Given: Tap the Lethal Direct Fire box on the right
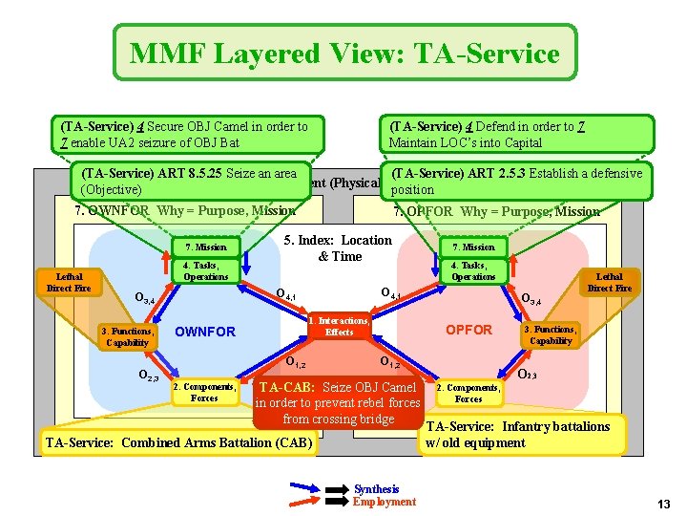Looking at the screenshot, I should tap(609, 282).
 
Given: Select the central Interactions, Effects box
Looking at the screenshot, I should tap(339, 326).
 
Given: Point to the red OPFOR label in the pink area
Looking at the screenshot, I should tap(469, 330).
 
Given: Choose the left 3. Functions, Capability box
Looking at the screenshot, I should tap(127, 336).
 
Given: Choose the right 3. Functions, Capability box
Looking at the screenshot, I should tap(551, 334).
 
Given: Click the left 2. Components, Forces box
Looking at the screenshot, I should tap(204, 392).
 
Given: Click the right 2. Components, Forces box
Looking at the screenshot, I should tap(468, 393).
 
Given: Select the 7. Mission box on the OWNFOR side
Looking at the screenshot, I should tap(205, 247).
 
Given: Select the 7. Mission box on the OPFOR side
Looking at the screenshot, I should tap(472, 247).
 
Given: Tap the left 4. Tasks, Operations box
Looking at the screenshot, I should tap(205, 270).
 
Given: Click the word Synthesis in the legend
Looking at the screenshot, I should tap(376, 489).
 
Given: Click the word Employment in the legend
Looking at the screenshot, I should tap(384, 502).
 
